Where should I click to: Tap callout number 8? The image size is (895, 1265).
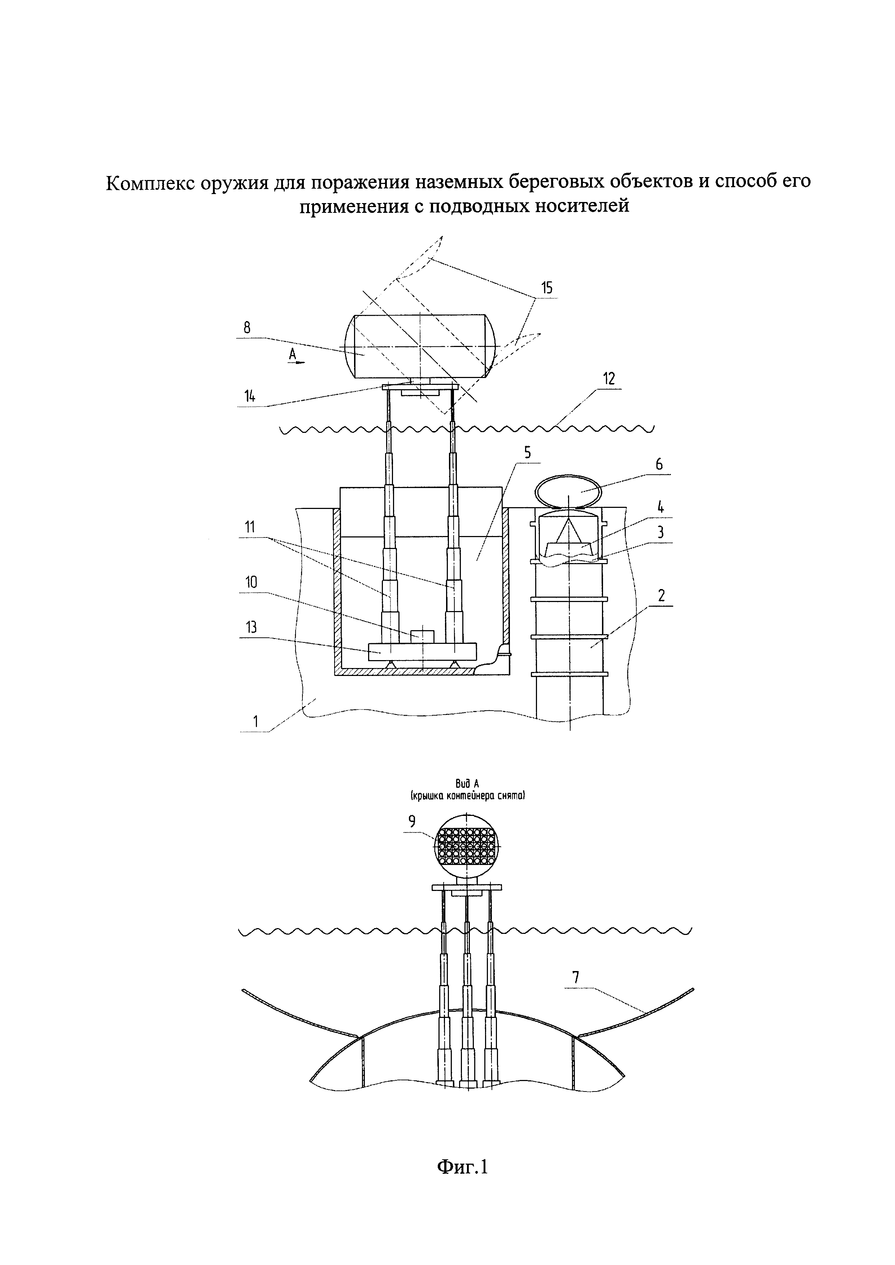(247, 327)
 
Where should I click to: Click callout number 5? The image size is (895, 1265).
(527, 453)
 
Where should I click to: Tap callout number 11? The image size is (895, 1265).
(250, 527)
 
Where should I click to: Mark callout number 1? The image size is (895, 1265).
(255, 720)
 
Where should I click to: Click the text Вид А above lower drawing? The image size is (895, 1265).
(466, 783)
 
